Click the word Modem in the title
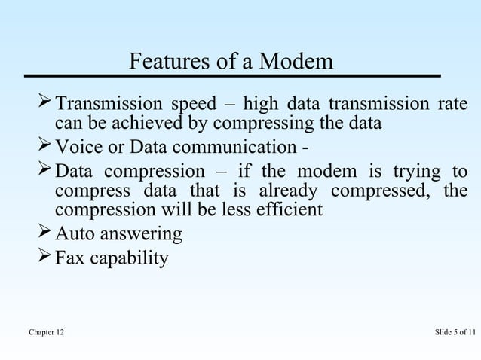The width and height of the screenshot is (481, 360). pos(296,60)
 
